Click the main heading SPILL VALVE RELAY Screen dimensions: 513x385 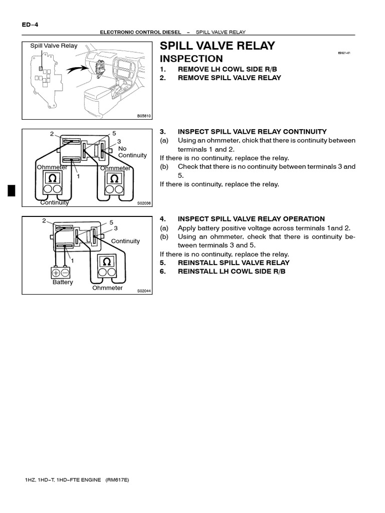click(217, 46)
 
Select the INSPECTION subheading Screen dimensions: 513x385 click(191, 59)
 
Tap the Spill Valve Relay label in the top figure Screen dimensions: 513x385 click(54, 46)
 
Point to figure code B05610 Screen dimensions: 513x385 click(143, 115)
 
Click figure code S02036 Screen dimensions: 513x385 click(143, 203)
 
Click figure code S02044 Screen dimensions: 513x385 click(143, 291)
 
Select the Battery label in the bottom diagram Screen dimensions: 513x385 click(63, 282)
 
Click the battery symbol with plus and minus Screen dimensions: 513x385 click(62, 273)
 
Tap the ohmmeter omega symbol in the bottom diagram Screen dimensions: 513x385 click(106, 262)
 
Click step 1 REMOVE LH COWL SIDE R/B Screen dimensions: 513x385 click(220, 69)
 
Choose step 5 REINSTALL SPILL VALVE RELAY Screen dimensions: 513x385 click(233, 263)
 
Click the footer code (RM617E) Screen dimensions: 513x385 click(117, 479)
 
